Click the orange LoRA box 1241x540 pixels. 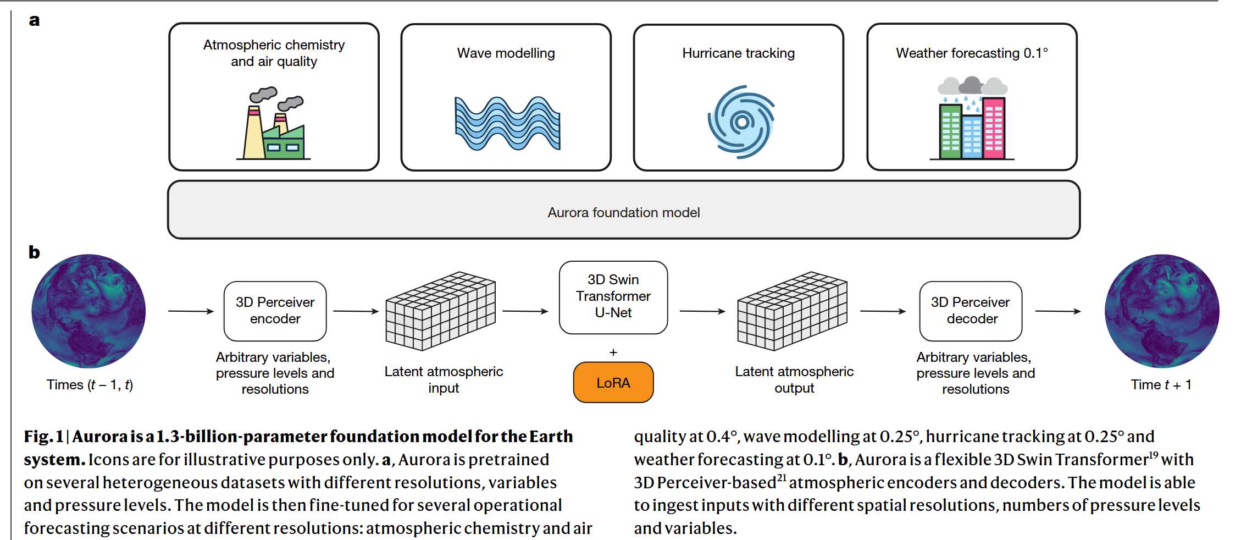(x=613, y=382)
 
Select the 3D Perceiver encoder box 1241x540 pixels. (x=275, y=311)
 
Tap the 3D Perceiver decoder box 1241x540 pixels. (x=971, y=311)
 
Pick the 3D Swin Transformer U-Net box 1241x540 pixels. (x=613, y=297)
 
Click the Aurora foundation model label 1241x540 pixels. (x=623, y=212)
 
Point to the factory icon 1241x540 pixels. (x=274, y=125)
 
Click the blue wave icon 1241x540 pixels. (x=507, y=123)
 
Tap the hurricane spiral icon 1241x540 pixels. (x=741, y=122)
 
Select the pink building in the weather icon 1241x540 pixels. (x=993, y=128)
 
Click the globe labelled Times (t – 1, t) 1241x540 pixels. (x=88, y=311)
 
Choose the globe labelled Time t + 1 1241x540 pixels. (x=1161, y=311)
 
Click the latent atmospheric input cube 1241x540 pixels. (x=440, y=311)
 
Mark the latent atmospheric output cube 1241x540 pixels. (x=792, y=311)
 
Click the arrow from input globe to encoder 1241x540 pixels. (x=191, y=311)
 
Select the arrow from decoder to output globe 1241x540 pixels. (x=1058, y=311)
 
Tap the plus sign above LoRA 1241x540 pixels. (x=613, y=352)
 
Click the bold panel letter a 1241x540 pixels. (x=34, y=20)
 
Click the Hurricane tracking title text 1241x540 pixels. (x=738, y=53)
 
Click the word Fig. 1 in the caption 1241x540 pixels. (x=43, y=437)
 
